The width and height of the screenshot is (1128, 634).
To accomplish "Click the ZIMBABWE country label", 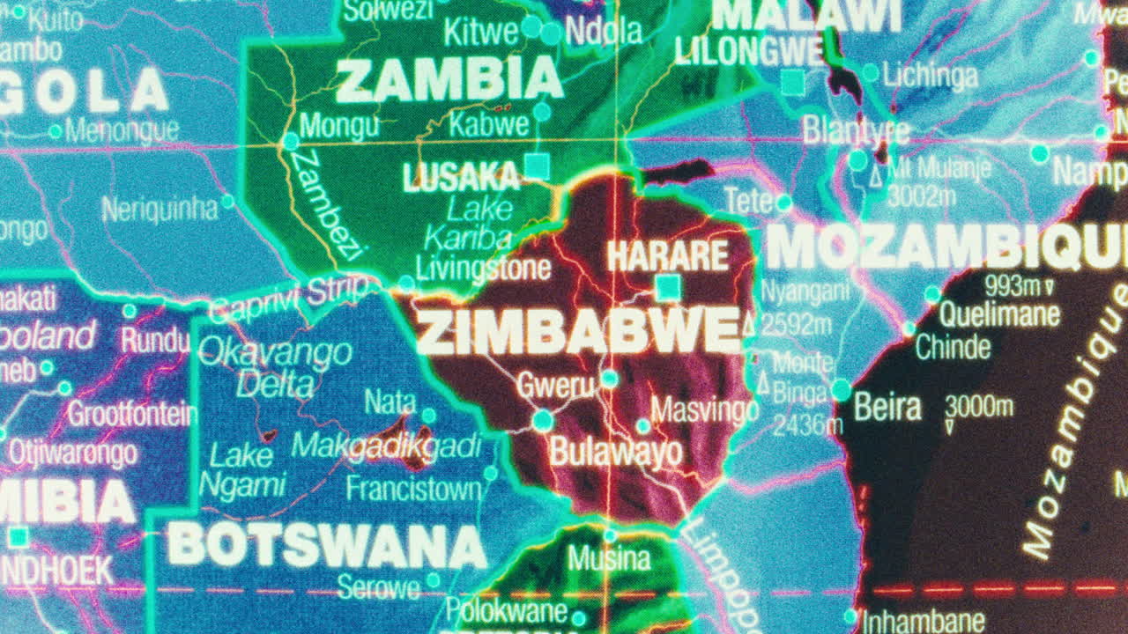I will click(x=577, y=332).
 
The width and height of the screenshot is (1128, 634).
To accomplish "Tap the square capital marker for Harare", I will click(x=668, y=287).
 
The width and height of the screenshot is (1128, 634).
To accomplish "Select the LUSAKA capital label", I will click(x=461, y=177).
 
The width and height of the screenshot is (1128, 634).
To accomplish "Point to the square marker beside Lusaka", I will click(x=536, y=166).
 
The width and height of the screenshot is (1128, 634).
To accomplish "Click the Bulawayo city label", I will click(x=615, y=453).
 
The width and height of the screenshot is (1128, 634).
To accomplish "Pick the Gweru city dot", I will click(x=609, y=379).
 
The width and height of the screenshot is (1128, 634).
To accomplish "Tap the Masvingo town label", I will click(x=704, y=410).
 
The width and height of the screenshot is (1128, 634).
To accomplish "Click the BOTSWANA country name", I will click(x=326, y=545).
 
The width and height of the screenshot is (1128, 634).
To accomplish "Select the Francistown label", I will click(x=413, y=488).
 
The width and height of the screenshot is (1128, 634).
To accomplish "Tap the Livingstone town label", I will click(x=483, y=268).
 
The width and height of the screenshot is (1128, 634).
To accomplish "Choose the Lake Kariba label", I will click(x=468, y=224).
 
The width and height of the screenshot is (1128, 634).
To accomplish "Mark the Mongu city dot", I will click(x=291, y=141).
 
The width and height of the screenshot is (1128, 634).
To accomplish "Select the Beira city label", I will click(x=887, y=408).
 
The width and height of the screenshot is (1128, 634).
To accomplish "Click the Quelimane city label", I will click(x=998, y=314).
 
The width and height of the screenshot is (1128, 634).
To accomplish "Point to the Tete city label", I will click(x=747, y=201).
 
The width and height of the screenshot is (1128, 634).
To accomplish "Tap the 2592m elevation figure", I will click(x=795, y=325).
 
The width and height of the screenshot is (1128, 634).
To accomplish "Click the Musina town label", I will click(x=608, y=558).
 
